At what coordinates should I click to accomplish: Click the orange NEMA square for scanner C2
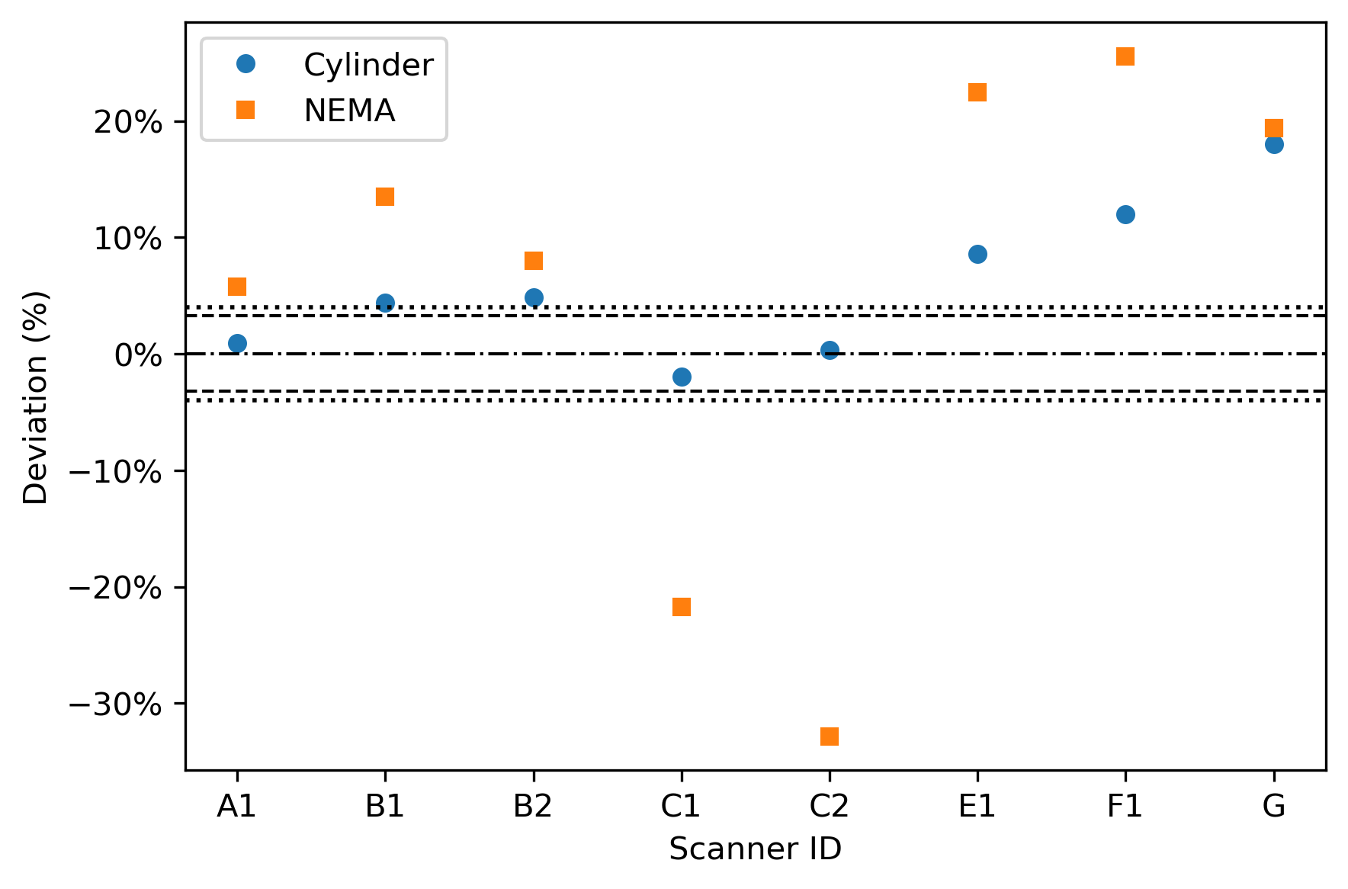pyautogui.click(x=830, y=736)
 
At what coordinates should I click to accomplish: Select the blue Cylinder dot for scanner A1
pyautogui.click(x=237, y=343)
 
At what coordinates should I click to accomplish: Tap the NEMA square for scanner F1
pyautogui.click(x=1125, y=56)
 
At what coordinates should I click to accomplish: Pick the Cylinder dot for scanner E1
pyautogui.click(x=977, y=254)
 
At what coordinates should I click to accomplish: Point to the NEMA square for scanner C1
pyautogui.click(x=682, y=607)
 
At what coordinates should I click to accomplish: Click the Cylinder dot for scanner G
pyautogui.click(x=1274, y=144)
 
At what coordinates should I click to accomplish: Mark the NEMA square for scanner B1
pyautogui.click(x=385, y=197)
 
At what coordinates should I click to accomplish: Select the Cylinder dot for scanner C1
pyautogui.click(x=682, y=377)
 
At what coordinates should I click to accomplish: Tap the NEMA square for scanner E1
pyautogui.click(x=977, y=92)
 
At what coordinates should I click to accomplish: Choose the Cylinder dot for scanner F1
pyautogui.click(x=1125, y=214)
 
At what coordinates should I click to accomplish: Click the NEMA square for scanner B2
pyautogui.click(x=534, y=261)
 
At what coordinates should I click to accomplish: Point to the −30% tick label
pyautogui.click(x=116, y=704)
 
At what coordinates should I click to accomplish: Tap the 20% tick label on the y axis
pyautogui.click(x=129, y=122)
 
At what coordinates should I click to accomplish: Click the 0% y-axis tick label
pyautogui.click(x=139, y=355)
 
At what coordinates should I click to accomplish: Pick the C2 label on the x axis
pyautogui.click(x=830, y=806)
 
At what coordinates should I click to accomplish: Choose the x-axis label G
pyautogui.click(x=1274, y=806)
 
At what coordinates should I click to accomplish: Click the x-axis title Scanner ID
pyautogui.click(x=756, y=849)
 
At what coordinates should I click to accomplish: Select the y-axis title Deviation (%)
pyautogui.click(x=36, y=396)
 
